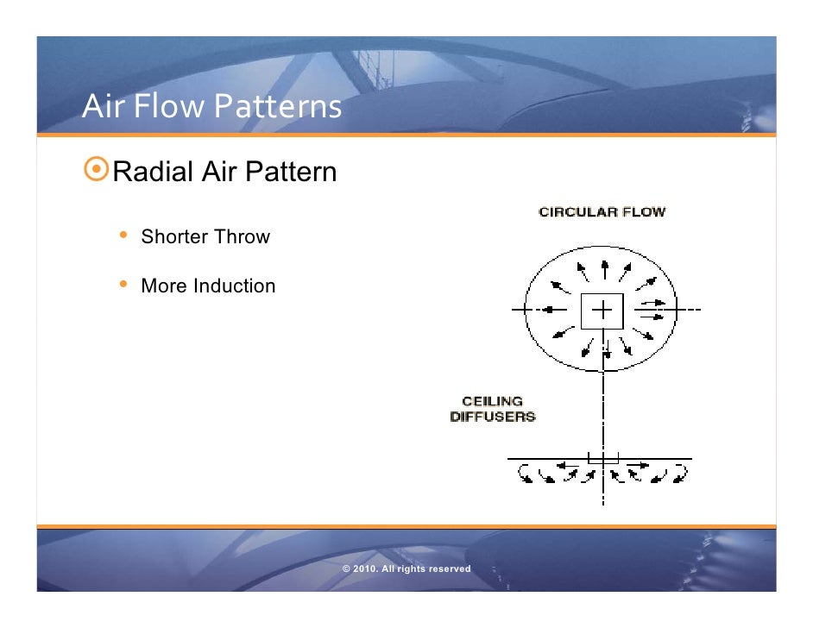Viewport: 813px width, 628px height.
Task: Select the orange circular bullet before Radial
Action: pos(97,172)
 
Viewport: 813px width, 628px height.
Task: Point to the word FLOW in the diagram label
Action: pos(646,211)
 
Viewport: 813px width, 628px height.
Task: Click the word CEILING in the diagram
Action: pos(492,401)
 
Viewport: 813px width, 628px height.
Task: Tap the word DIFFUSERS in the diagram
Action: pos(492,417)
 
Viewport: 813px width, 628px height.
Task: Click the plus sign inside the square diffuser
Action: pos(602,309)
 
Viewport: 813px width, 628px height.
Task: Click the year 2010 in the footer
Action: pos(365,569)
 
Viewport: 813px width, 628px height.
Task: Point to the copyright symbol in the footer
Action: pos(346,569)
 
